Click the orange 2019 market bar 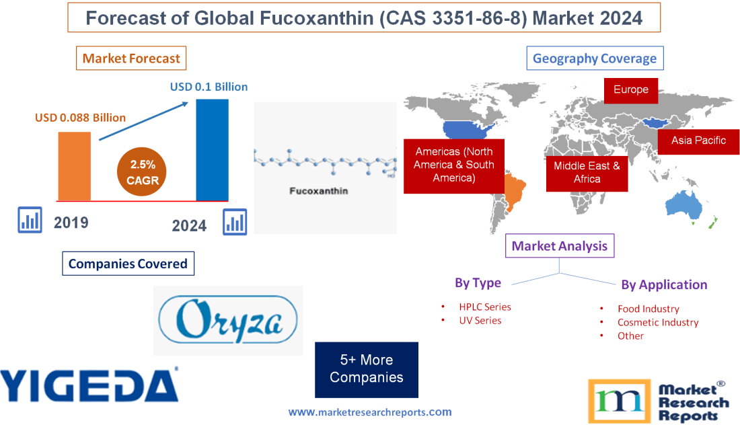click(x=74, y=165)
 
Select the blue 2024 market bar click(x=212, y=149)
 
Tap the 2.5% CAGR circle click(x=142, y=172)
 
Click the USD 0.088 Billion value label click(x=80, y=118)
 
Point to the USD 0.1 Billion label click(x=209, y=87)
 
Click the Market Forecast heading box click(x=131, y=59)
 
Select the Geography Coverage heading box click(x=595, y=59)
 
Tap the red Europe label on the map click(x=630, y=89)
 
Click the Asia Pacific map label click(x=698, y=141)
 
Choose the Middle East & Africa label click(x=587, y=172)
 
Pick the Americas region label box click(x=453, y=165)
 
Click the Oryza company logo click(x=228, y=320)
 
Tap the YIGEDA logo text click(x=89, y=386)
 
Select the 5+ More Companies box click(x=366, y=369)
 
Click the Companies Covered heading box click(x=128, y=264)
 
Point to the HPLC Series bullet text click(x=484, y=307)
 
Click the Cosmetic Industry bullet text click(x=657, y=322)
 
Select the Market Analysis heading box click(x=559, y=246)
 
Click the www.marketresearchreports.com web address click(x=370, y=412)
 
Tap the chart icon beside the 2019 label click(x=30, y=220)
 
